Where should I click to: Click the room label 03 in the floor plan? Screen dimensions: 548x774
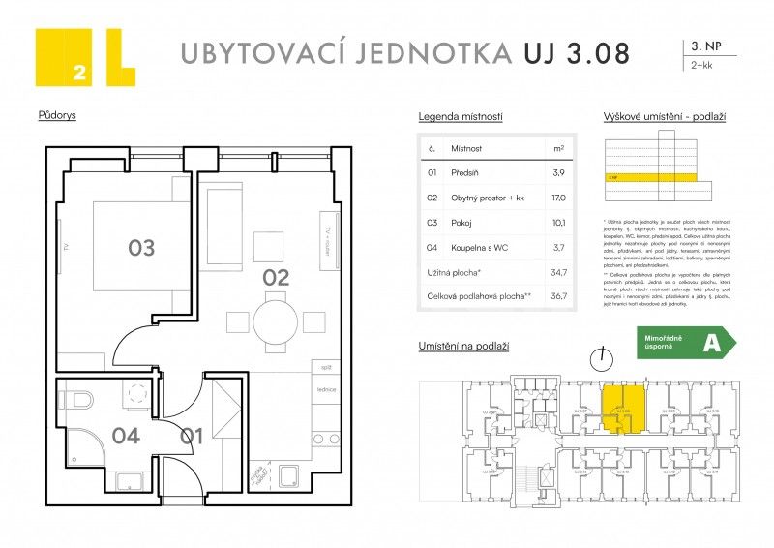pos(141,249)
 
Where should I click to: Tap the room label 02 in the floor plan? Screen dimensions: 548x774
pos(276,278)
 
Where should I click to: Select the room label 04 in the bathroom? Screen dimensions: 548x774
pos(126,436)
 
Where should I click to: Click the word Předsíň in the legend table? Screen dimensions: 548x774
pos(465,172)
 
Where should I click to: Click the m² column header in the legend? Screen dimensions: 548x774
pos(558,149)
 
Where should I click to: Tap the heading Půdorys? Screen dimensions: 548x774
pos(57,115)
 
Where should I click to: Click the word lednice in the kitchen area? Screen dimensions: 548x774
pos(325,389)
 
